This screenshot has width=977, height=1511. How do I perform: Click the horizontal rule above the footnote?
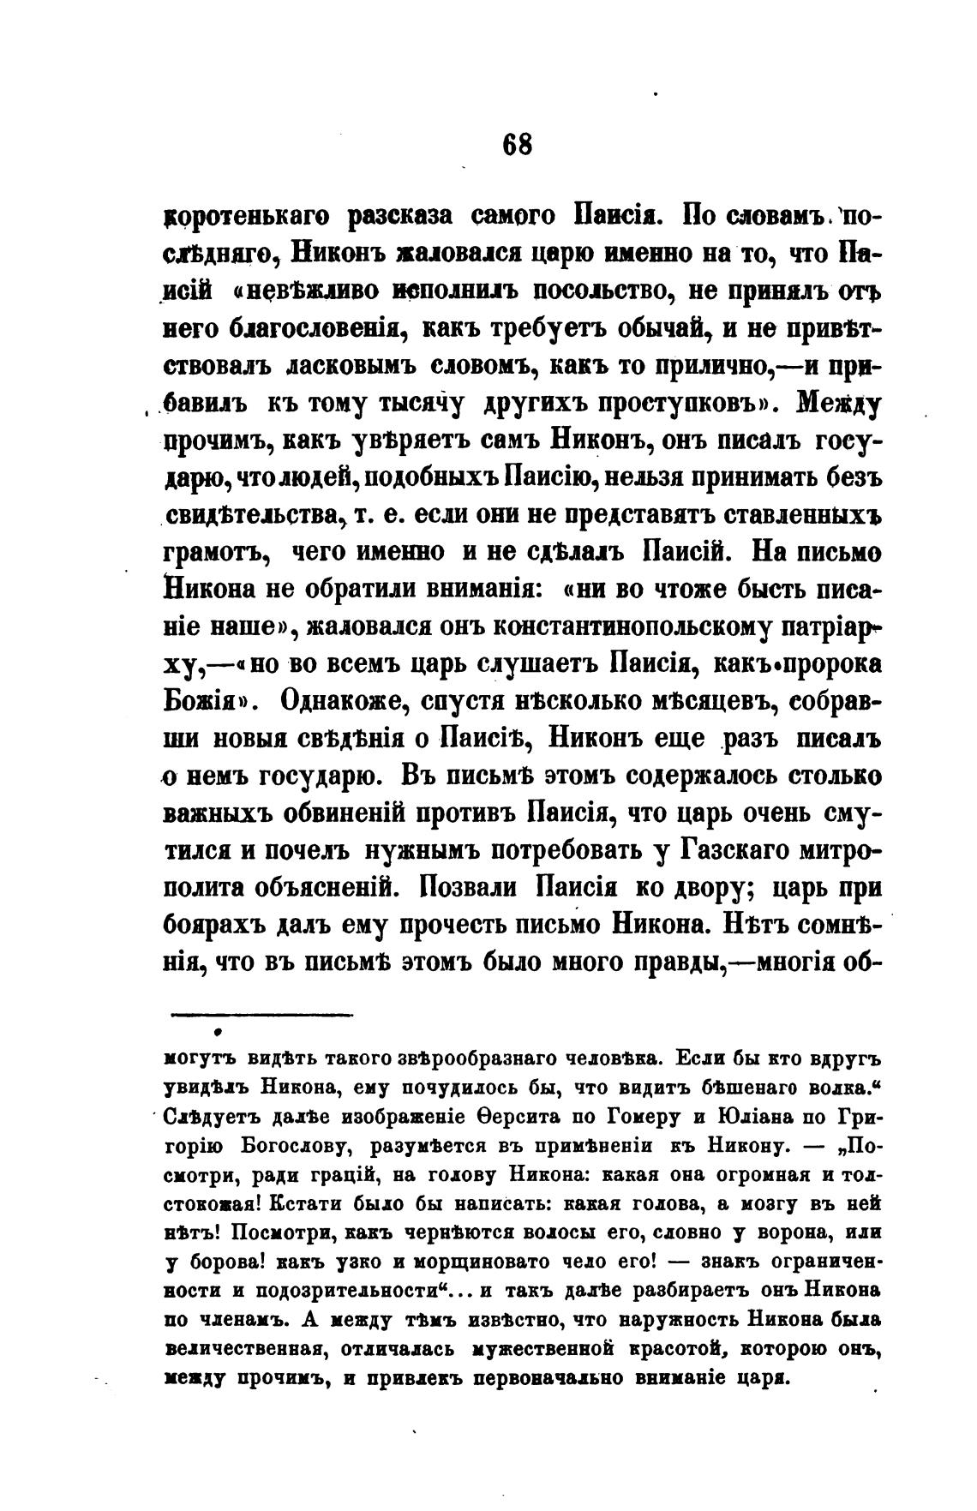point(262,1016)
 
